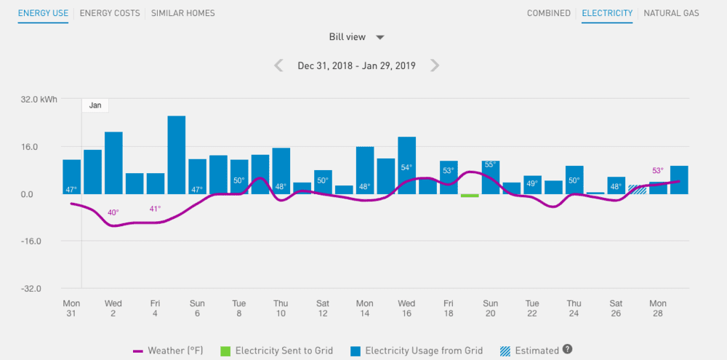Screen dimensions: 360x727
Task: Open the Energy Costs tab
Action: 110,13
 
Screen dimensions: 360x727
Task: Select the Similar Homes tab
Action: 182,13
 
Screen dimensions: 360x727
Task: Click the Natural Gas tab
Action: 672,13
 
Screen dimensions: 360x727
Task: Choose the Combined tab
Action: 549,13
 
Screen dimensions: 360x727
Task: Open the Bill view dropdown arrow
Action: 379,37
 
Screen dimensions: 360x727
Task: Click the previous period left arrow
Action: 278,65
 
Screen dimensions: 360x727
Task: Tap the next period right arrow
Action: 435,65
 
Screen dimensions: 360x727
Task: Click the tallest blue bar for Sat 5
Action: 177,155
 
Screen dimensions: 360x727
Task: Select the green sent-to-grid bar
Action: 470,196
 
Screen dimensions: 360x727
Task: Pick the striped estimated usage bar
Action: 638,189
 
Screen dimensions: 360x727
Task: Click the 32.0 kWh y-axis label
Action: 39,100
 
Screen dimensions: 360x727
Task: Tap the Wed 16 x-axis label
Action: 406,308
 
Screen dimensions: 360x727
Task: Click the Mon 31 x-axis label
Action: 71,308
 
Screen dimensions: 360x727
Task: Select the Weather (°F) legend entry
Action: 168,351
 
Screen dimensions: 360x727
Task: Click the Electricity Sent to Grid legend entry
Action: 276,351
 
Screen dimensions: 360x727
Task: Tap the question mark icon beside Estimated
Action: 568,350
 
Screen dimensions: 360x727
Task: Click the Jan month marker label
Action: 95,105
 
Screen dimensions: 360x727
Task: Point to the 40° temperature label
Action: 113,213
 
